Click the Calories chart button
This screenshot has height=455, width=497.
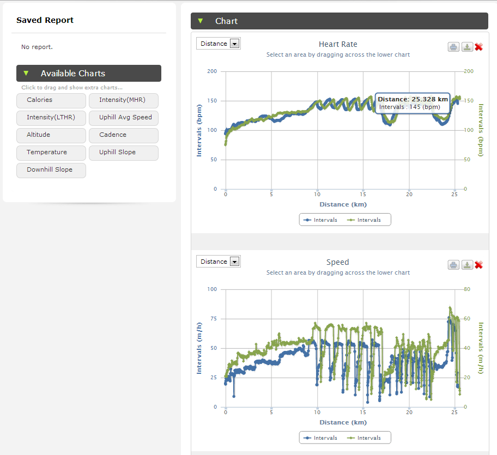click(51, 100)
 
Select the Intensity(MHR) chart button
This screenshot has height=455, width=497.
click(124, 100)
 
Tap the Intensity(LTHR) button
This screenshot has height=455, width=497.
click(51, 118)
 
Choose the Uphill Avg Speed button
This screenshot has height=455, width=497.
click(124, 118)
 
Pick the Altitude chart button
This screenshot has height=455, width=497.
click(51, 135)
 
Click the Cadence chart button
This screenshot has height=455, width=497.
click(124, 135)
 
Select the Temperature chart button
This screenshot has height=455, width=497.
click(51, 153)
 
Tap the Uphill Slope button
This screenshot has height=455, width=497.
click(124, 153)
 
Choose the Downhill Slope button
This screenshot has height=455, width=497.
click(51, 170)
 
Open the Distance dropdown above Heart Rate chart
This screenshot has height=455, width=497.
click(219, 44)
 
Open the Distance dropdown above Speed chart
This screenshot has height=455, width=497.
click(219, 262)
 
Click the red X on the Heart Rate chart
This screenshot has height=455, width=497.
click(479, 47)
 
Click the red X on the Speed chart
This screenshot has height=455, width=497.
click(479, 265)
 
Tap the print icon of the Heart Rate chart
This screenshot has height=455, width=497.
click(453, 47)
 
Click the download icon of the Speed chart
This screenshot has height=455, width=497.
click(467, 265)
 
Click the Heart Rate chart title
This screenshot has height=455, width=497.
click(338, 44)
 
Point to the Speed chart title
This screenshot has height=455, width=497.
click(338, 262)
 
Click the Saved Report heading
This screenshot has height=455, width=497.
click(45, 20)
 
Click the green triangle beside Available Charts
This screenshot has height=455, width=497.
click(26, 73)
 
